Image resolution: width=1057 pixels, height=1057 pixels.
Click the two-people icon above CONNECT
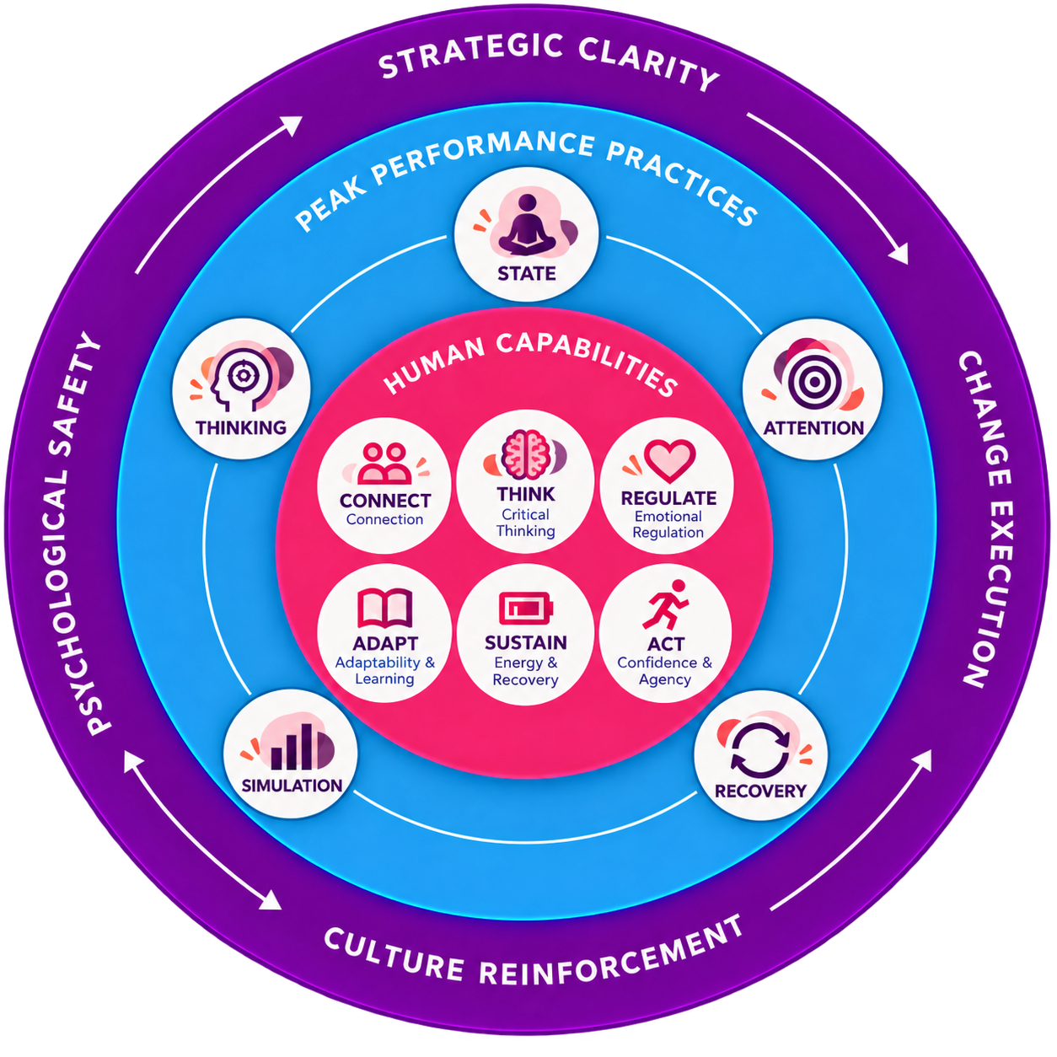(x=384, y=464)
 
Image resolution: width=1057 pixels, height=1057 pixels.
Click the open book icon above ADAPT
(x=384, y=608)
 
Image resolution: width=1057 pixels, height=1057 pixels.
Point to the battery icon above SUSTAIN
(x=526, y=609)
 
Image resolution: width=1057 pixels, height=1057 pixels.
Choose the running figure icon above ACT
(x=665, y=604)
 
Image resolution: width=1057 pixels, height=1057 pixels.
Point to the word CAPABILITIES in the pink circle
(x=587, y=361)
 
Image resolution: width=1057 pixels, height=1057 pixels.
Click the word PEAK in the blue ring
(x=331, y=205)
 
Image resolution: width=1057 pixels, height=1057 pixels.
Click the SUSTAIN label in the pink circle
(x=525, y=642)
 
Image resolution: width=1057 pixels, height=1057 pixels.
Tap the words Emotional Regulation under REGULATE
(x=668, y=524)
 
